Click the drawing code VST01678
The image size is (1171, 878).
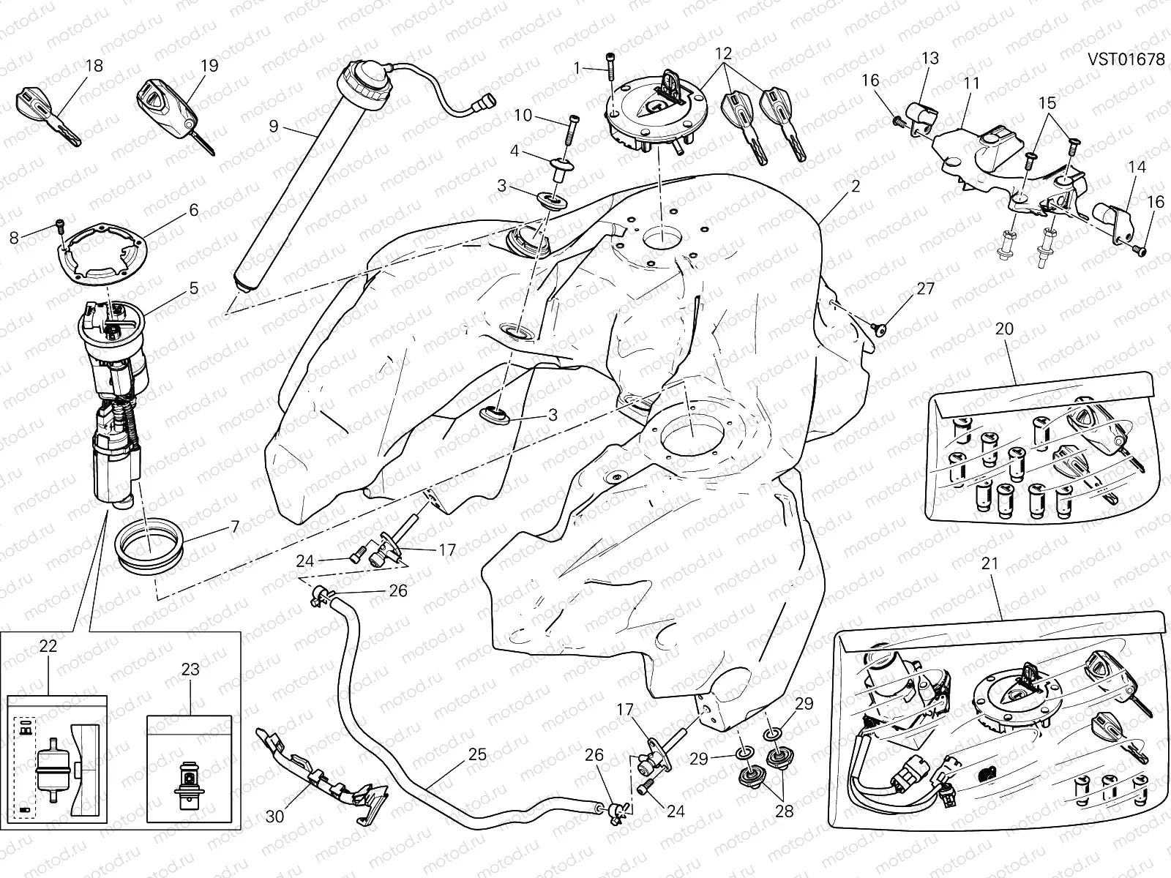1125,59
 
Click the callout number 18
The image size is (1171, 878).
94,66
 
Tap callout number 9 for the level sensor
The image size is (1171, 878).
274,126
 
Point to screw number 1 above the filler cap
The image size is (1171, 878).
609,70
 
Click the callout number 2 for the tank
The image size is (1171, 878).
855,187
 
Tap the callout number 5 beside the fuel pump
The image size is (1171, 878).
194,288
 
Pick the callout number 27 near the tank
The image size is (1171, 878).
925,288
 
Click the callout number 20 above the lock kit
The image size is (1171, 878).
1004,329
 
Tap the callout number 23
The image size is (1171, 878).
190,669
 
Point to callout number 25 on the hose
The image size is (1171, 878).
476,754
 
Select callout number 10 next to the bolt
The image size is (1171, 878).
523,115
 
